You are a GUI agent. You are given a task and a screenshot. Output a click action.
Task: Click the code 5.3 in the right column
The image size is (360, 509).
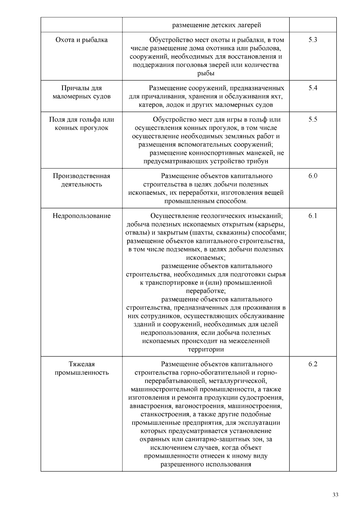pyautogui.click(x=313, y=40)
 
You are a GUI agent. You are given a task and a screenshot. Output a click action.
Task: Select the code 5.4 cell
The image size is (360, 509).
pyautogui.click(x=313, y=88)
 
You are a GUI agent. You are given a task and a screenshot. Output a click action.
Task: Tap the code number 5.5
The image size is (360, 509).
pyautogui.click(x=313, y=119)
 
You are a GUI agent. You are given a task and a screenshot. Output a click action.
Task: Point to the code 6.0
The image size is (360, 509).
pyautogui.click(x=313, y=176)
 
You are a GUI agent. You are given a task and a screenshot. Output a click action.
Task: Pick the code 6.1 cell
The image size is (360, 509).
pyautogui.click(x=313, y=216)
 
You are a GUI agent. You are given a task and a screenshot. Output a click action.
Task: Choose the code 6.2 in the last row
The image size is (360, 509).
pyautogui.click(x=313, y=364)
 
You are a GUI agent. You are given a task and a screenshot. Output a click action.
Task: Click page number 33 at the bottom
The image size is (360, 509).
pyautogui.click(x=335, y=495)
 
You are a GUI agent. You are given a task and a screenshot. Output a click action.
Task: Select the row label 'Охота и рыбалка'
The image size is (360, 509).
pyautogui.click(x=82, y=40)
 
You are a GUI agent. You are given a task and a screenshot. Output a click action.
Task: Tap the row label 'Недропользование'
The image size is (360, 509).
pyautogui.click(x=82, y=216)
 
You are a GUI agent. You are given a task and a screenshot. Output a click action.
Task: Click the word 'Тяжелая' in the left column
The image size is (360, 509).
pyautogui.click(x=82, y=364)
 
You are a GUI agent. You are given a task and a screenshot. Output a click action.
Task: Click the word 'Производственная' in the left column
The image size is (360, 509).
pyautogui.click(x=82, y=176)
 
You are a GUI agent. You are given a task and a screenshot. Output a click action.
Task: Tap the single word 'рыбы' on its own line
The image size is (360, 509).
pyautogui.click(x=206, y=73)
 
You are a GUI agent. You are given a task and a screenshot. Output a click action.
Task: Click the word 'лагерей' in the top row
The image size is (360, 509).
pyautogui.click(x=250, y=25)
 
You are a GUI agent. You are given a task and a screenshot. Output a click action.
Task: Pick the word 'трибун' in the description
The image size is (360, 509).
pyautogui.click(x=257, y=161)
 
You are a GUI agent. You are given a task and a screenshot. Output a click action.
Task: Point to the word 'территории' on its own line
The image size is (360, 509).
pyautogui.click(x=206, y=349)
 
